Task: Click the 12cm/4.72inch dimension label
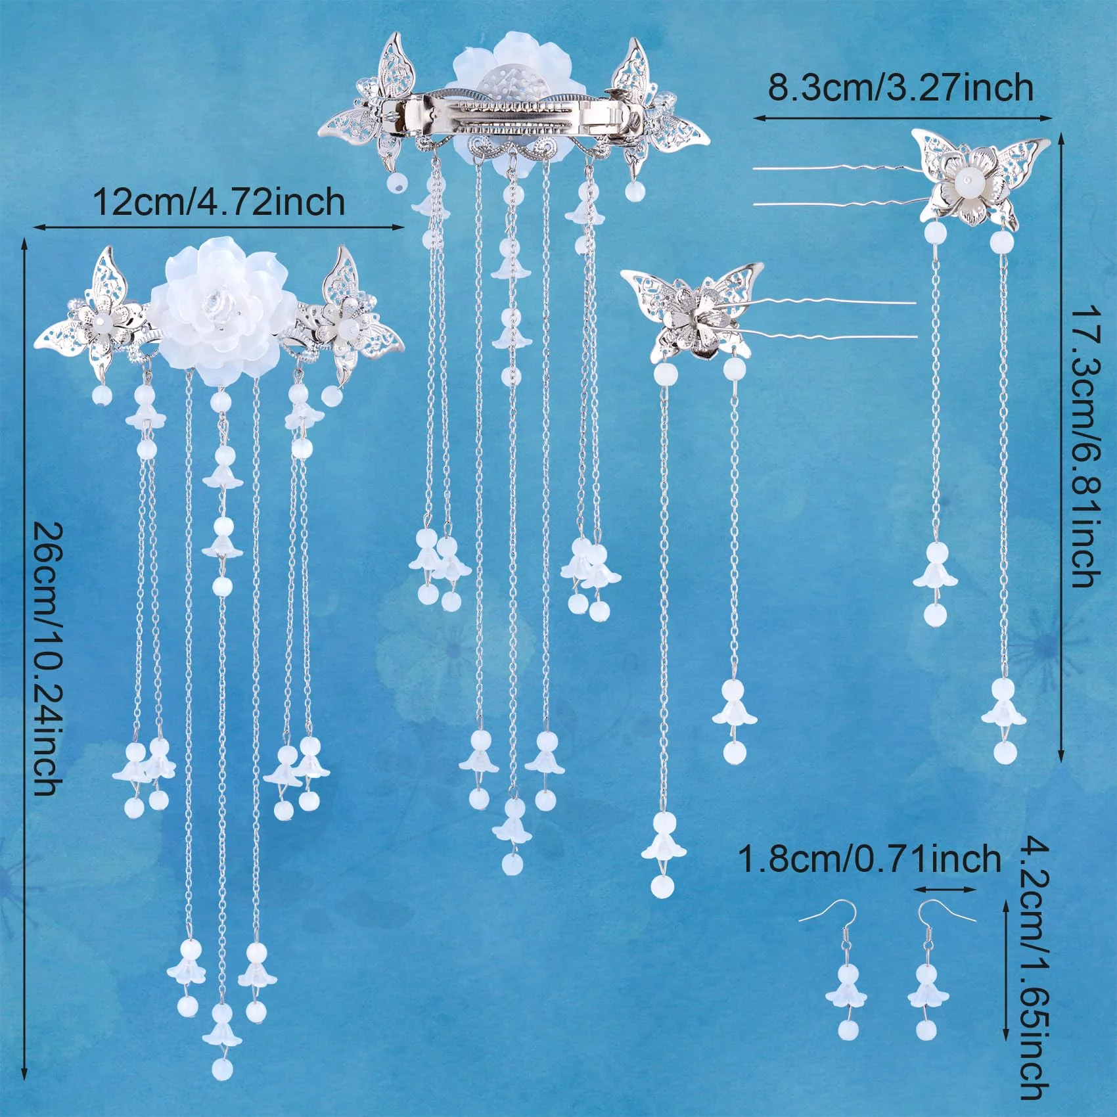(219, 202)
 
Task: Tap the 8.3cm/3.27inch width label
(901, 87)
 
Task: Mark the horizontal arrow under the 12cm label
(218, 227)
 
